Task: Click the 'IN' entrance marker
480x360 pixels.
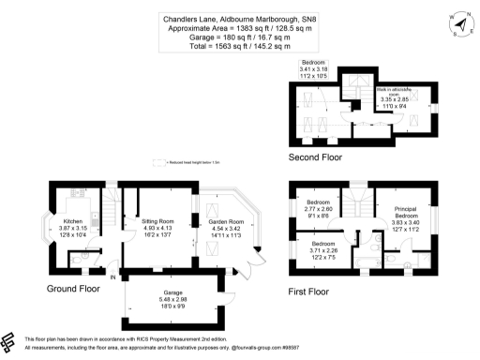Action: click(x=113, y=278)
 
